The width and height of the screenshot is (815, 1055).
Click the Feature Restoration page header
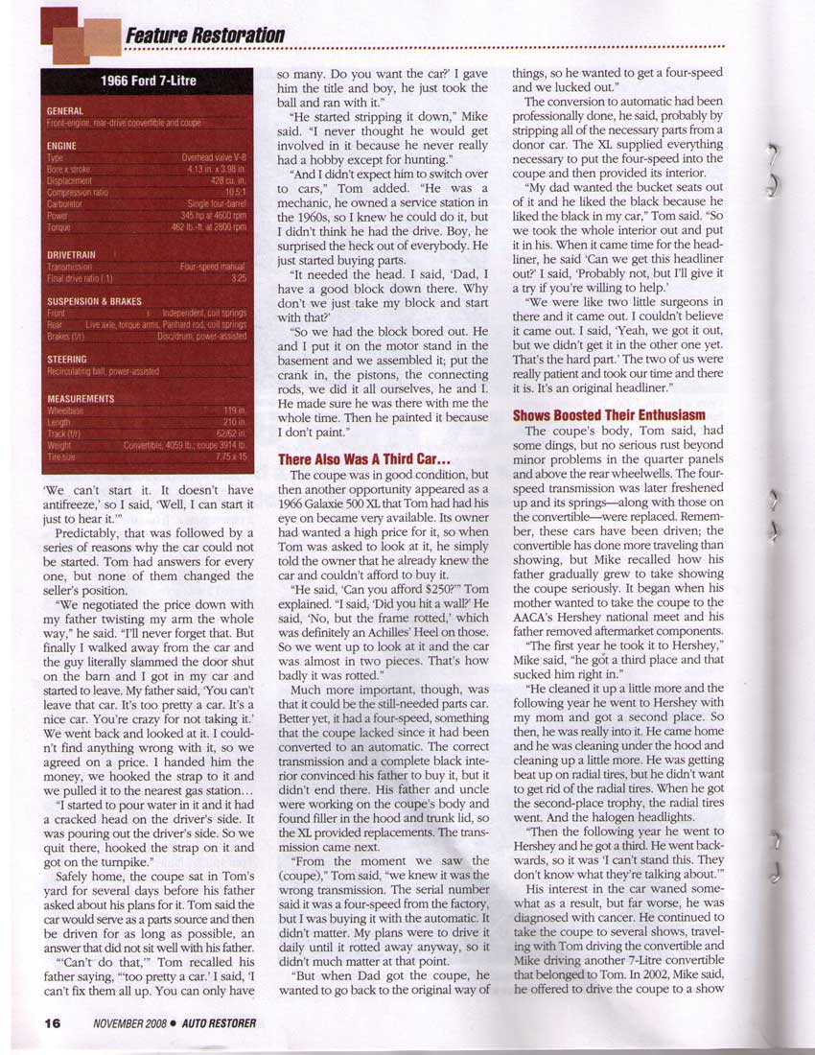coord(204,35)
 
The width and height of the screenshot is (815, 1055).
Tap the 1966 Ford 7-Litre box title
coord(149,81)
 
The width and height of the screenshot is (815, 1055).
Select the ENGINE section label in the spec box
coord(61,146)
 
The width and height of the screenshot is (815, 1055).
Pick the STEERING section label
coord(66,360)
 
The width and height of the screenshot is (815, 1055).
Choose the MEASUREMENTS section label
coord(81,398)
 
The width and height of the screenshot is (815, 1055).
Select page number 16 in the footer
coord(53,1023)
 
